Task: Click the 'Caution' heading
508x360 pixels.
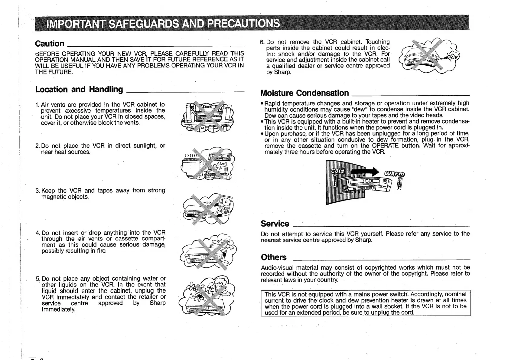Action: pos(50,44)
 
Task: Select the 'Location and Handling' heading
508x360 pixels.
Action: pos(79,90)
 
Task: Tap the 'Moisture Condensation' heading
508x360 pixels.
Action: pos(304,93)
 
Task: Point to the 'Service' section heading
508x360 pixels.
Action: pos(275,224)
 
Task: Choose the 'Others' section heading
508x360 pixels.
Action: pos(274,257)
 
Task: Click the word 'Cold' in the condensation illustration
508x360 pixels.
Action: pos(338,171)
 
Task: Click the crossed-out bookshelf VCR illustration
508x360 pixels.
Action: pos(207,116)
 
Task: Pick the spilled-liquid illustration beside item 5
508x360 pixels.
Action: pos(207,296)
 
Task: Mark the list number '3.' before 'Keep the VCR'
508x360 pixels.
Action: pos(38,191)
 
